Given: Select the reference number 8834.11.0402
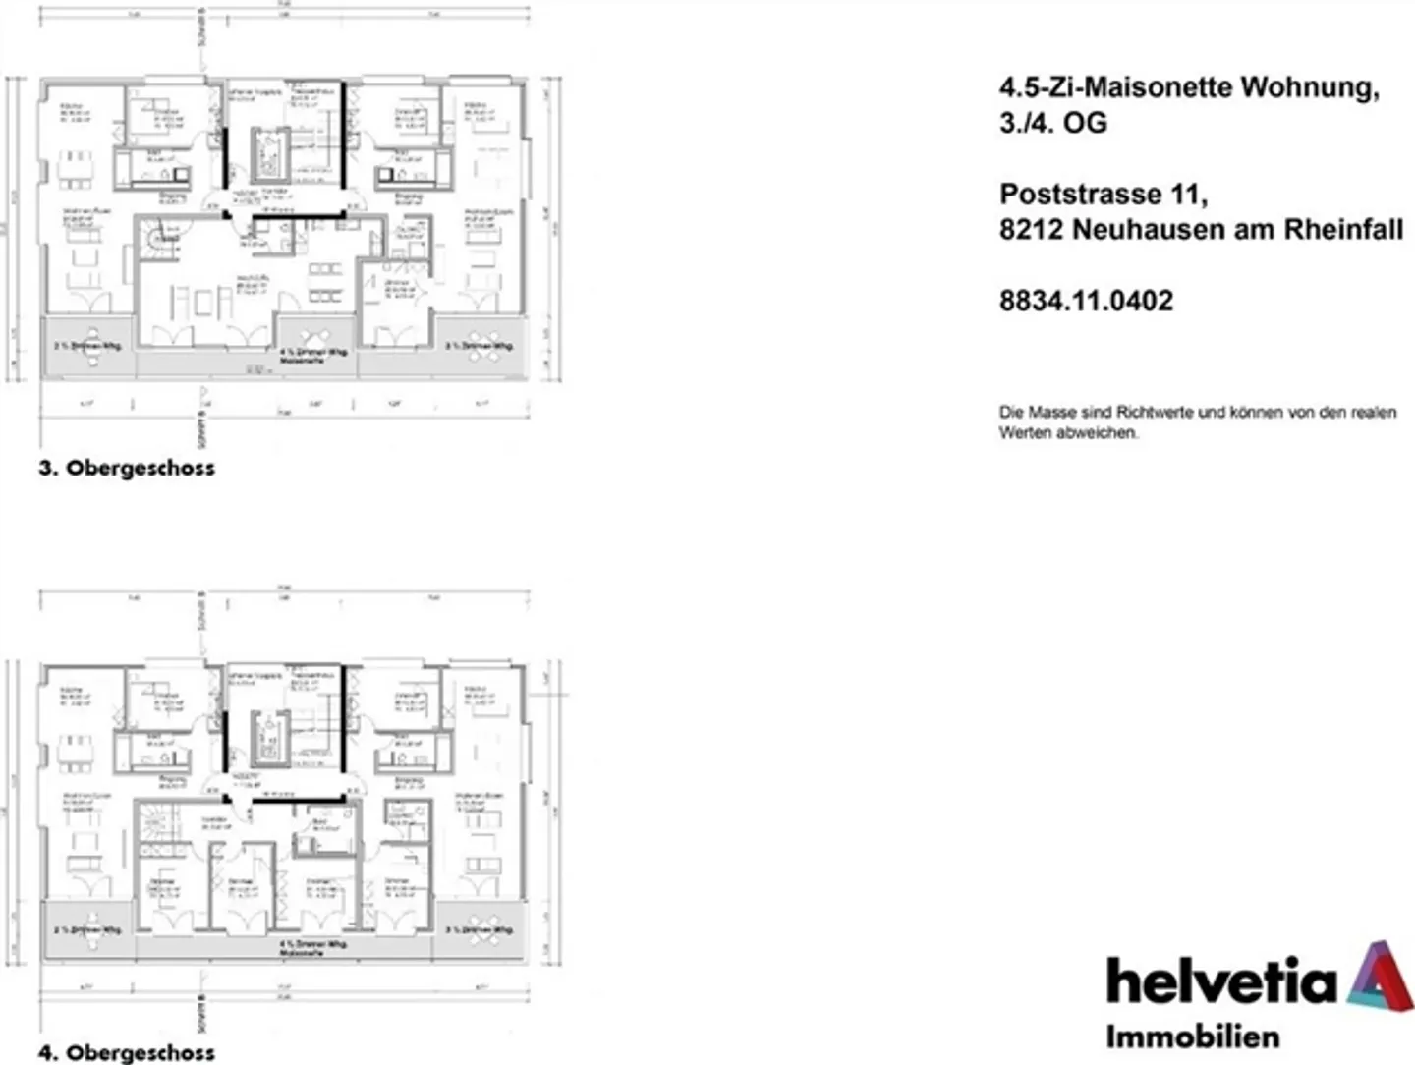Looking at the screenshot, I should (x=1086, y=301).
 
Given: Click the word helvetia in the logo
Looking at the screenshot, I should (x=1222, y=981).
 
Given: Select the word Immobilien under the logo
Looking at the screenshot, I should (x=1192, y=1037).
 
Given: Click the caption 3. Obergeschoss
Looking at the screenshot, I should (x=127, y=468).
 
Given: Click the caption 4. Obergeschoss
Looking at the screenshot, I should (x=127, y=1052).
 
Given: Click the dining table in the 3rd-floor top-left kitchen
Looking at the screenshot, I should (x=75, y=168).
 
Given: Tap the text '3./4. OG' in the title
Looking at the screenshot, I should (x=1052, y=123).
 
